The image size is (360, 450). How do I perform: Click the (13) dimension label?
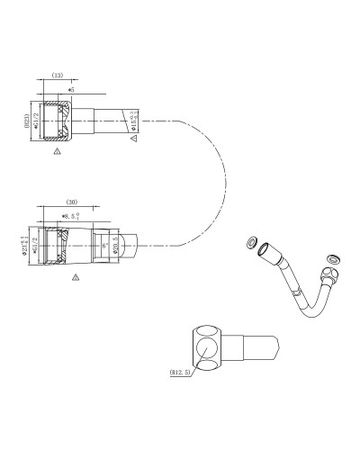tap(57, 77)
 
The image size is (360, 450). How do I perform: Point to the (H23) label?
tap(27, 121)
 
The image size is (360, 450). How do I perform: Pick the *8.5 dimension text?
tap(70, 216)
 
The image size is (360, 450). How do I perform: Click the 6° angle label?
tap(105, 245)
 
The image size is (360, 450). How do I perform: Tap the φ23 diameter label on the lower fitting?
tap(25, 246)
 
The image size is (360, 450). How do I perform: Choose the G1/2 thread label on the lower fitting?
tap(35, 246)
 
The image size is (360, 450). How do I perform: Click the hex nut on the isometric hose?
tap(328, 273)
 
